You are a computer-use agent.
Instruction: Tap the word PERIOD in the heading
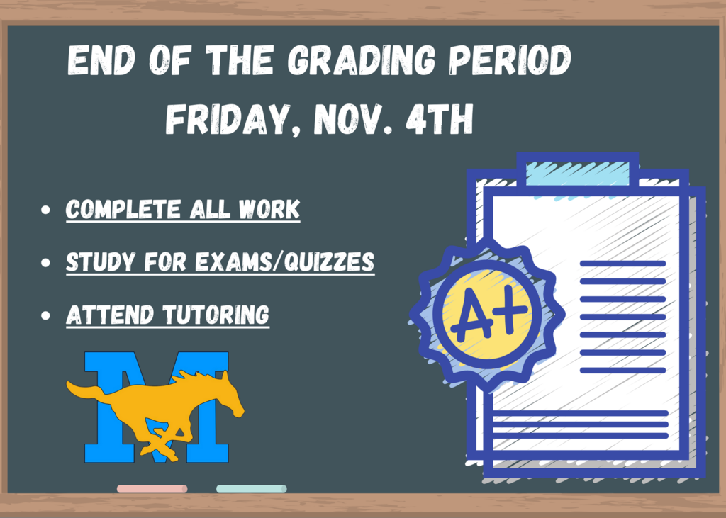tap(510, 60)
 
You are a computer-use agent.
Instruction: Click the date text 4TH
tap(440, 119)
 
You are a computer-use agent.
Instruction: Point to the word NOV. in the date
tap(353, 119)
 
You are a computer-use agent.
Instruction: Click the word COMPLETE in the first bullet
tap(123, 209)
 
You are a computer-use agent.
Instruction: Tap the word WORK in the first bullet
tap(269, 209)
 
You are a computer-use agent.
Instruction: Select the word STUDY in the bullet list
tap(100, 262)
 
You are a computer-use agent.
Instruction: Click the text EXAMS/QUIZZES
tap(284, 262)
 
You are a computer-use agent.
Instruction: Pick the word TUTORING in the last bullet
tap(216, 315)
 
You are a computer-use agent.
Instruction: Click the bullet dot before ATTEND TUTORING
tap(45, 316)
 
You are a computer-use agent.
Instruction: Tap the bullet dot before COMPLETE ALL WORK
tap(45, 210)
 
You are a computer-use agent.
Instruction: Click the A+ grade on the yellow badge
tap(488, 314)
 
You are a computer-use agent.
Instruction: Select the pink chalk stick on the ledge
tap(152, 489)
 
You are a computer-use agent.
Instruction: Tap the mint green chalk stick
tap(252, 489)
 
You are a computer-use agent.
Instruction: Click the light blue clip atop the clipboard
tap(578, 174)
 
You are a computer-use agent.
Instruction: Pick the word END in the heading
tap(101, 60)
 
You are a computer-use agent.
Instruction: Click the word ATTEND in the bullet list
tap(110, 315)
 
